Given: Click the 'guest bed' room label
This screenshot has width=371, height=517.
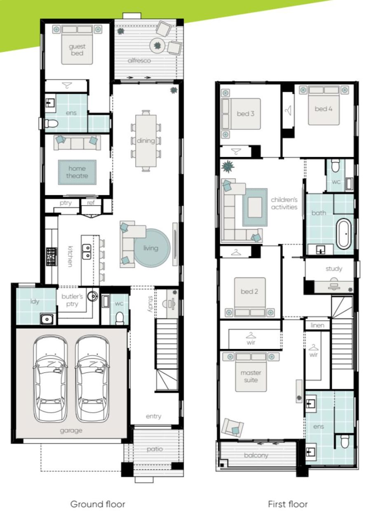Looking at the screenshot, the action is [77, 50].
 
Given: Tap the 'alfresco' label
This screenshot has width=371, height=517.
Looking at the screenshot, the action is [139, 61].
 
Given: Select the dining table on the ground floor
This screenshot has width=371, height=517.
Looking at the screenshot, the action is [146, 141].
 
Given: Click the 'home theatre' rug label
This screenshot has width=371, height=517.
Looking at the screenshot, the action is [77, 172].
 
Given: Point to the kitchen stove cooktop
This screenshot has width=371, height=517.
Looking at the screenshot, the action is [52, 256].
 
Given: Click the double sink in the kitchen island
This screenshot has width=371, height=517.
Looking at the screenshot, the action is [87, 252].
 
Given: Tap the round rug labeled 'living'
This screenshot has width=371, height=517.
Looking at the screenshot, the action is [152, 248].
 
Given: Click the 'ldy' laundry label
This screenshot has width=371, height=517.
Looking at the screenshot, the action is [35, 302].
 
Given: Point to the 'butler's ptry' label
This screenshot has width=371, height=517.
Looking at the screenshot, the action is [72, 300].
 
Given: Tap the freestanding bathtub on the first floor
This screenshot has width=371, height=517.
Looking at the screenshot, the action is [343, 234].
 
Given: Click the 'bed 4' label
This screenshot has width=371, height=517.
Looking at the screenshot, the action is [324, 109].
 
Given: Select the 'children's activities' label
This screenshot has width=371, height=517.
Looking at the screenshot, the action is [284, 204].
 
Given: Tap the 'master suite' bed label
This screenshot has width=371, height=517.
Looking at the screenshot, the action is [251, 376].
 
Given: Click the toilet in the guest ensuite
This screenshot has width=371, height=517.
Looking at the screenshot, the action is [51, 124].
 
